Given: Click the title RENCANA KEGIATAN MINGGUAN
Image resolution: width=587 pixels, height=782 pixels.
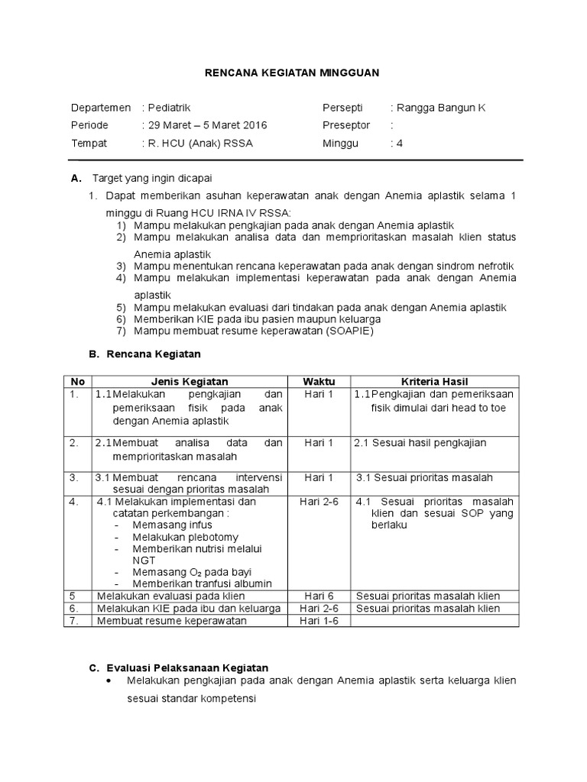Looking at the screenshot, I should [x=293, y=73].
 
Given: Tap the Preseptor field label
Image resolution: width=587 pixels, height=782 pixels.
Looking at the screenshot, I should [x=346, y=125].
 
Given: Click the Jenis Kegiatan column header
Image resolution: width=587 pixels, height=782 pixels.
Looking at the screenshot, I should [x=190, y=381].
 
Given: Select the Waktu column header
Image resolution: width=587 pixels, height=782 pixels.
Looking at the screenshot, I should [x=319, y=381].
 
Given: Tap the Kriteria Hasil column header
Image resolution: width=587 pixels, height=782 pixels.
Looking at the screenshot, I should [x=434, y=381].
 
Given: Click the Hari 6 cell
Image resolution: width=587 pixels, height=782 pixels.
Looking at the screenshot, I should [x=319, y=596].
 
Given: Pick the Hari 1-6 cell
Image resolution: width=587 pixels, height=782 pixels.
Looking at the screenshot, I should [x=319, y=621].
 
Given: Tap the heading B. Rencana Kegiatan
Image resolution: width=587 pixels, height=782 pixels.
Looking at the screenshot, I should [x=145, y=354].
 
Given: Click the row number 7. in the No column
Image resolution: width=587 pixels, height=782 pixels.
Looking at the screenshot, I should [x=74, y=621].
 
